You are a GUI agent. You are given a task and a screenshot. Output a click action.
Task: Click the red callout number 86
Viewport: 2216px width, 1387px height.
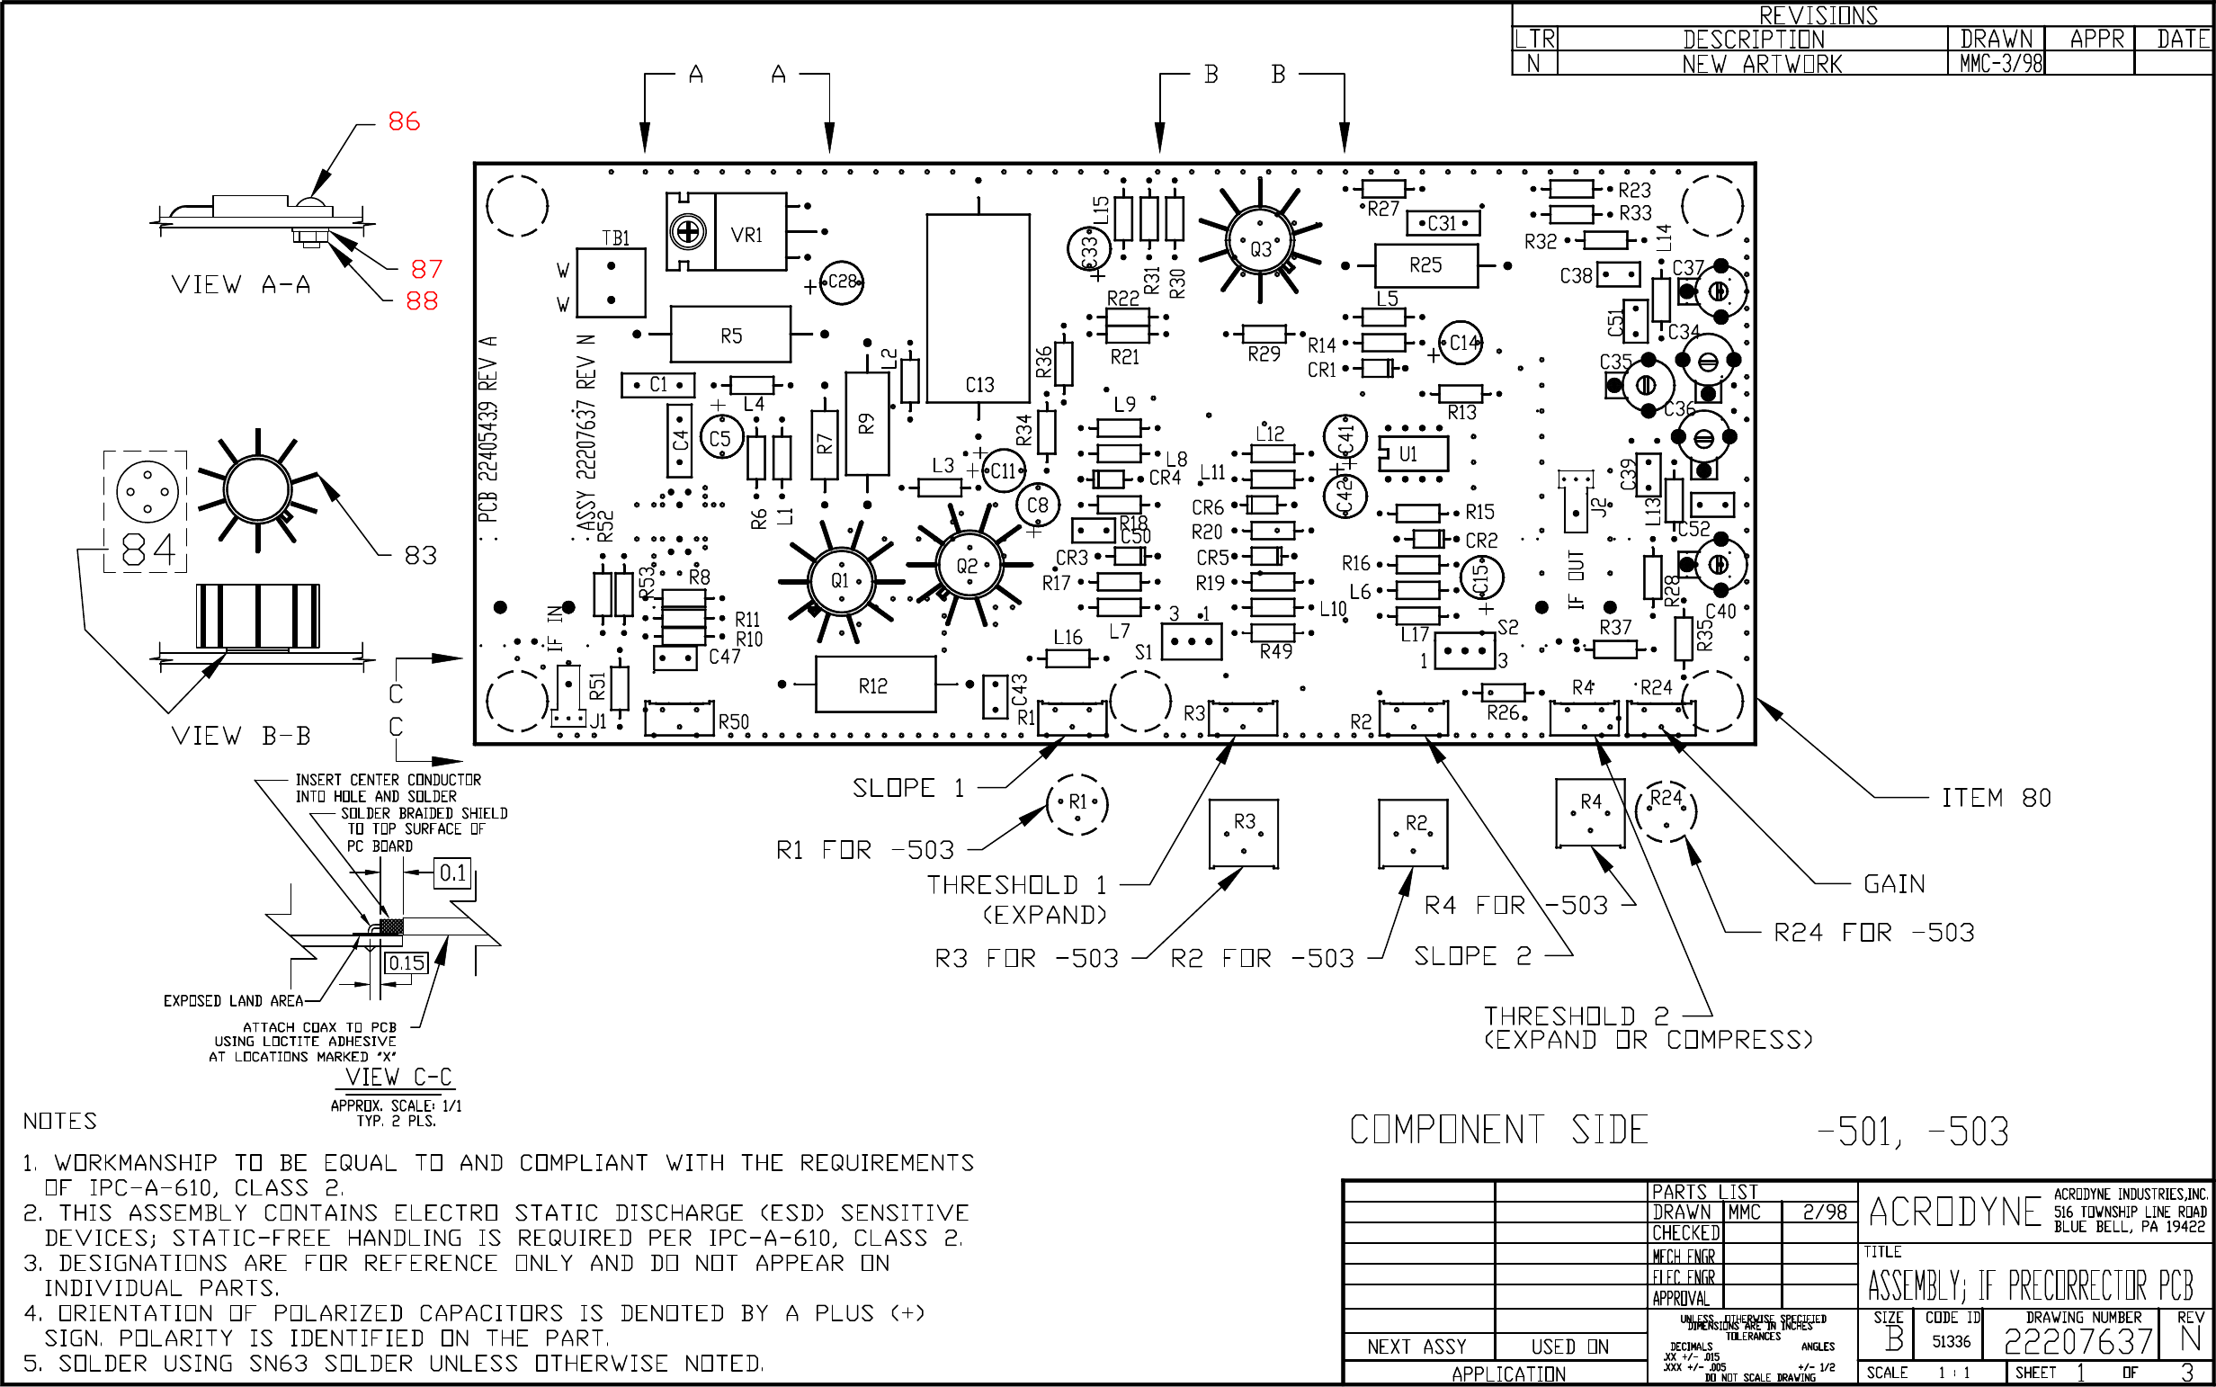[x=404, y=121]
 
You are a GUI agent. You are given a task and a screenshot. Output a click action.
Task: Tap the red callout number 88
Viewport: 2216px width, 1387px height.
[x=422, y=301]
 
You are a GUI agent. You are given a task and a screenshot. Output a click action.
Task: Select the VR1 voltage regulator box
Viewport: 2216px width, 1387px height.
[x=749, y=232]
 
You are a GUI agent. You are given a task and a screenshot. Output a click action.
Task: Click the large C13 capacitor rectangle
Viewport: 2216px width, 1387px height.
[x=978, y=308]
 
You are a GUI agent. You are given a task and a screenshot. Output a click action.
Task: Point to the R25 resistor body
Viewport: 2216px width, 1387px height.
[x=1425, y=265]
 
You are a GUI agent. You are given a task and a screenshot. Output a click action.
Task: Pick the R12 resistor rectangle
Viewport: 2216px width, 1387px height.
[x=875, y=685]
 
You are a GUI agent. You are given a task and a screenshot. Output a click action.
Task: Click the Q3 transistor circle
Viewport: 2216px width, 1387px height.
[x=1261, y=247]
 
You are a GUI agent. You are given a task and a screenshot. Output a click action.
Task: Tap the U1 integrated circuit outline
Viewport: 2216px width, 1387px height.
[x=1414, y=453]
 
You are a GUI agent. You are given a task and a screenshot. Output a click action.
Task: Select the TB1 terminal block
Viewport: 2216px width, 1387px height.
[x=611, y=282]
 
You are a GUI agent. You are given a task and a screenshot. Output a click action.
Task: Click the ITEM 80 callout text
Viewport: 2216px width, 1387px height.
[x=1996, y=798]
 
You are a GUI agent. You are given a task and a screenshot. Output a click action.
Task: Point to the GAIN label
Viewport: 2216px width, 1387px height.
[x=1894, y=884]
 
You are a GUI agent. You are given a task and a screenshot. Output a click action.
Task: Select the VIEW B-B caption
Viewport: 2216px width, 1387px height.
[x=241, y=736]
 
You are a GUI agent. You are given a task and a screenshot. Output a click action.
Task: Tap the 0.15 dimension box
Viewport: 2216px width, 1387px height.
[x=407, y=963]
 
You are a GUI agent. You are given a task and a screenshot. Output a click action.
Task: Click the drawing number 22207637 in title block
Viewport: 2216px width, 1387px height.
[x=2077, y=1342]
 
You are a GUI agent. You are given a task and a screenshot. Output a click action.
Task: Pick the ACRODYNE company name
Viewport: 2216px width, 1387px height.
[x=1954, y=1212]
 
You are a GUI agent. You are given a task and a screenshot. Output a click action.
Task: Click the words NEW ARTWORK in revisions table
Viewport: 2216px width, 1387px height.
[x=1761, y=64]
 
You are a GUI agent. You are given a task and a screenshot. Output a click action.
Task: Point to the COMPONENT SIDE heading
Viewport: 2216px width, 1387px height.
[x=1498, y=1130]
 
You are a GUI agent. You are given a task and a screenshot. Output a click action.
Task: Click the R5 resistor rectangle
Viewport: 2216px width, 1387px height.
[x=730, y=335]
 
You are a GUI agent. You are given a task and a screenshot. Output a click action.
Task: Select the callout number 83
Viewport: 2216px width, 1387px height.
[x=421, y=555]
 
